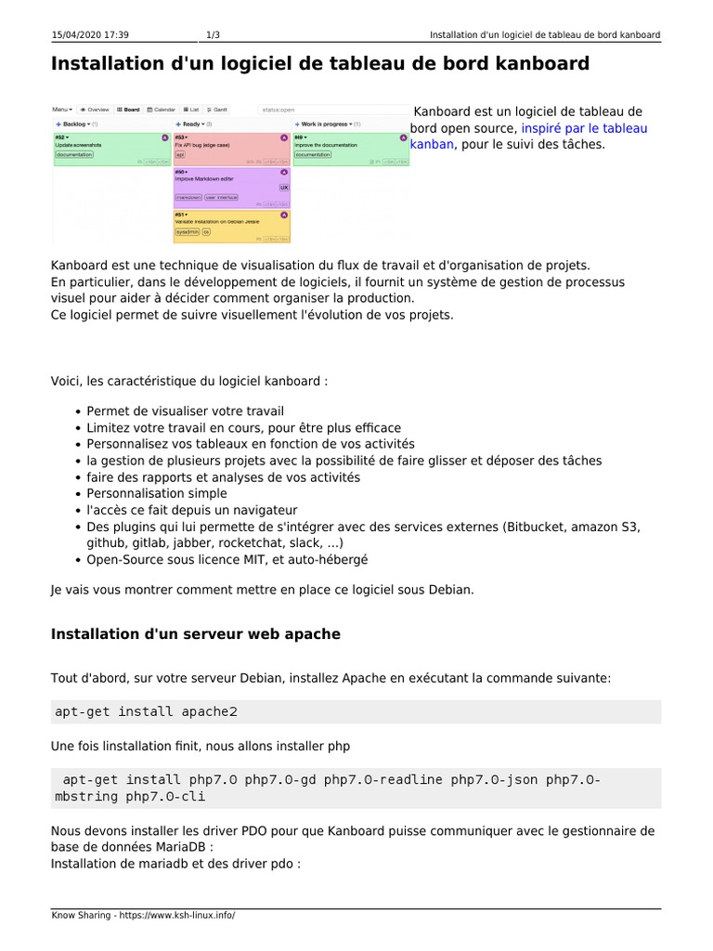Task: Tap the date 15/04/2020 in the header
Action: click(76, 35)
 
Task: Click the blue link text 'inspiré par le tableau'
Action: click(584, 128)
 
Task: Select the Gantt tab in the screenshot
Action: click(218, 110)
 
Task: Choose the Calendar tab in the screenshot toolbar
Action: click(161, 110)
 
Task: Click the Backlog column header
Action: click(73, 124)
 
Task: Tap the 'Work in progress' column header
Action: click(324, 124)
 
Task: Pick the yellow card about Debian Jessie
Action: click(231, 225)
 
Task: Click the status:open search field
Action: click(330, 110)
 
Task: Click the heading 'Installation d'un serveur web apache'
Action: click(196, 634)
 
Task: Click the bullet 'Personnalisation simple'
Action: click(156, 493)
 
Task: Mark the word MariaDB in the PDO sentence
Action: click(185, 847)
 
